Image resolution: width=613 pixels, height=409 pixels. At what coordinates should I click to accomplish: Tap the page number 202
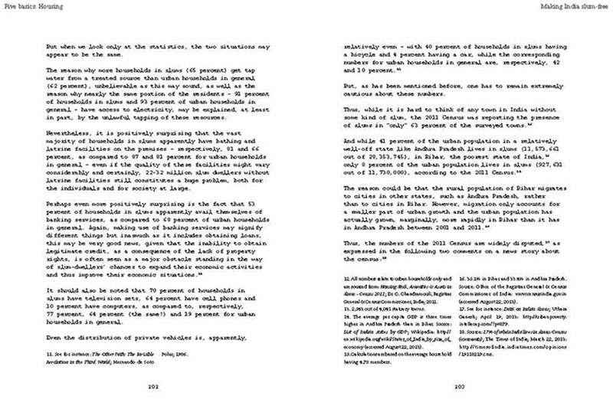coord(157,386)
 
